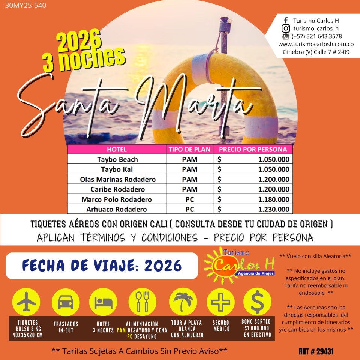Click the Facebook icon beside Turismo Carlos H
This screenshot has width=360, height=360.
[x=286, y=21]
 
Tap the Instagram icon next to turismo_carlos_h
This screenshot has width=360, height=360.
[x=286, y=28]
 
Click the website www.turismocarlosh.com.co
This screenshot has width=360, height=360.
[x=316, y=44]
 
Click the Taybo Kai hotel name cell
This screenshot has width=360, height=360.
[x=117, y=169]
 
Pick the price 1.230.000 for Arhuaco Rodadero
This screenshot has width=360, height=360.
[x=274, y=209]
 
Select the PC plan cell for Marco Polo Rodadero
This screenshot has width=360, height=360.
[x=189, y=199]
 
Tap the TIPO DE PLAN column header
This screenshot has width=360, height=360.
[x=189, y=149]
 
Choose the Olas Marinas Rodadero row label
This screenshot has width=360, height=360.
[x=117, y=179]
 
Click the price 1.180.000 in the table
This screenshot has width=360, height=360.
[x=274, y=199]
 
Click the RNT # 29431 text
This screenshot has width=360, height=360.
[x=316, y=351]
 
